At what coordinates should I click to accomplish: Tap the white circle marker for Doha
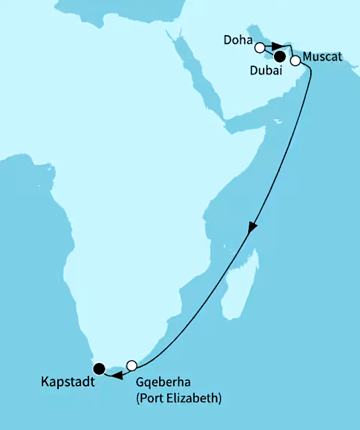tap(260, 47)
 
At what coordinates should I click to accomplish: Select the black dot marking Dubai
tap(280, 57)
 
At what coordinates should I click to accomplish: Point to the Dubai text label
tap(267, 71)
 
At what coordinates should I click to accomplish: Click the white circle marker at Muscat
tap(295, 61)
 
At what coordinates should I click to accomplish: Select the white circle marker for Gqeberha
tap(131, 365)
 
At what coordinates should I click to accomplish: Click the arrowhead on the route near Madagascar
tap(252, 228)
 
